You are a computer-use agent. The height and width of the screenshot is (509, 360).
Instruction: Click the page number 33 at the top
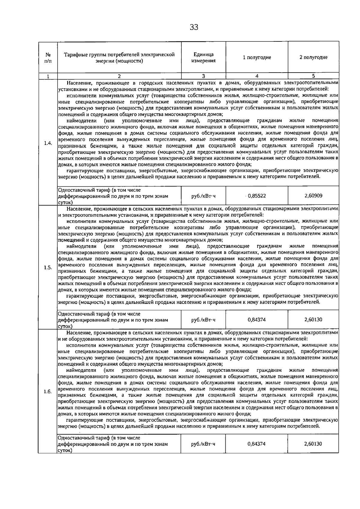pyautogui.click(x=194, y=28)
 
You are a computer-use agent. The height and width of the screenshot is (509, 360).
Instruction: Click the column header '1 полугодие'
pyautogui.click(x=257, y=57)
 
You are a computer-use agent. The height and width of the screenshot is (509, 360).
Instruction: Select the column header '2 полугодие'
pyautogui.click(x=313, y=57)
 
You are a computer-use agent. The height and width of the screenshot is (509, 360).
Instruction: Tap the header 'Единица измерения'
pyautogui.click(x=203, y=57)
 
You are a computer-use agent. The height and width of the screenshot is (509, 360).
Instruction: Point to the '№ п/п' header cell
pyautogui.click(x=48, y=58)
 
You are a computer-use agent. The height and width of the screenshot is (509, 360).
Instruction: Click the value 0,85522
pyautogui.click(x=257, y=196)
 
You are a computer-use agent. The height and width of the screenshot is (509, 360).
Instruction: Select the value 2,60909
pyautogui.click(x=313, y=196)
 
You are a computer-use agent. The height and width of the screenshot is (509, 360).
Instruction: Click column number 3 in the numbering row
pyautogui.click(x=203, y=76)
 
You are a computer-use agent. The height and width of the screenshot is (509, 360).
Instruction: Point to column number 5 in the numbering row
pyautogui.click(x=313, y=76)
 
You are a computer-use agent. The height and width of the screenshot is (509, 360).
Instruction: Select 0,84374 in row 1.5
pyautogui.click(x=257, y=320)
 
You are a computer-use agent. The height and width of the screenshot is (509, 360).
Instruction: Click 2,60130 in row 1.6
pyautogui.click(x=313, y=444)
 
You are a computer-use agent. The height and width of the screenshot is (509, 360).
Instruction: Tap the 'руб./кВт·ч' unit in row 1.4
pyautogui.click(x=203, y=196)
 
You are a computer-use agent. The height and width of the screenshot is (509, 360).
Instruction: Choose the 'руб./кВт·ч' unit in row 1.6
pyautogui.click(x=203, y=444)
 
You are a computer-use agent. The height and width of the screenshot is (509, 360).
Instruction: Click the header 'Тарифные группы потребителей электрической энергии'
pyautogui.click(x=119, y=58)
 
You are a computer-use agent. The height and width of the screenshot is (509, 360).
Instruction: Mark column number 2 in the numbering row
pyautogui.click(x=119, y=76)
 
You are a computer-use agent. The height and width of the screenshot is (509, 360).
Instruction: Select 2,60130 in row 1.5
pyautogui.click(x=313, y=320)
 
